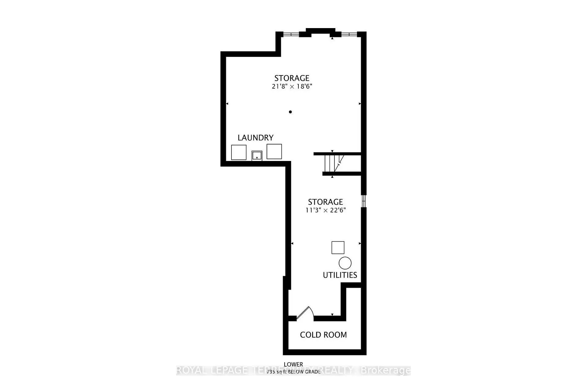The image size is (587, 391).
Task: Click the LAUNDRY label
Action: [x=255, y=138]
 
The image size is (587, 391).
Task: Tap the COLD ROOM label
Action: [x=323, y=335]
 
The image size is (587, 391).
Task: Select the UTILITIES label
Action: [x=340, y=275]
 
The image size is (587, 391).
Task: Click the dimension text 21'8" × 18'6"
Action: [x=292, y=86]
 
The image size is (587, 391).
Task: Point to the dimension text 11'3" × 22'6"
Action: [x=326, y=210]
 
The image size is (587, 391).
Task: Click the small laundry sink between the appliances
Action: [x=257, y=155]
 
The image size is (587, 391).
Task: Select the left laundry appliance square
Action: [x=239, y=152]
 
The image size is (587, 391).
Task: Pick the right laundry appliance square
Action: [x=274, y=151]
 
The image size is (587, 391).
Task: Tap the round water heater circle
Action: [x=345, y=263]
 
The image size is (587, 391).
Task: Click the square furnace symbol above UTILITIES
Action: [x=338, y=247]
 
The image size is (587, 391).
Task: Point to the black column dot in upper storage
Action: [x=290, y=112]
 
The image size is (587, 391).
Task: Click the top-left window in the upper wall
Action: [x=291, y=34]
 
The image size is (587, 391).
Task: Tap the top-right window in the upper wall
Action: [x=349, y=34]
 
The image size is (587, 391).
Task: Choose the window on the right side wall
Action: [x=364, y=201]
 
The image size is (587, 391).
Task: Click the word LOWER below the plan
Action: [x=293, y=364]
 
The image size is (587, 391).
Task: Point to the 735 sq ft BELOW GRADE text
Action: [x=293, y=372]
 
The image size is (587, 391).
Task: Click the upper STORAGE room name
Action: [x=292, y=78]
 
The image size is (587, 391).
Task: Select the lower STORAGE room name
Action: [x=325, y=202]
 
